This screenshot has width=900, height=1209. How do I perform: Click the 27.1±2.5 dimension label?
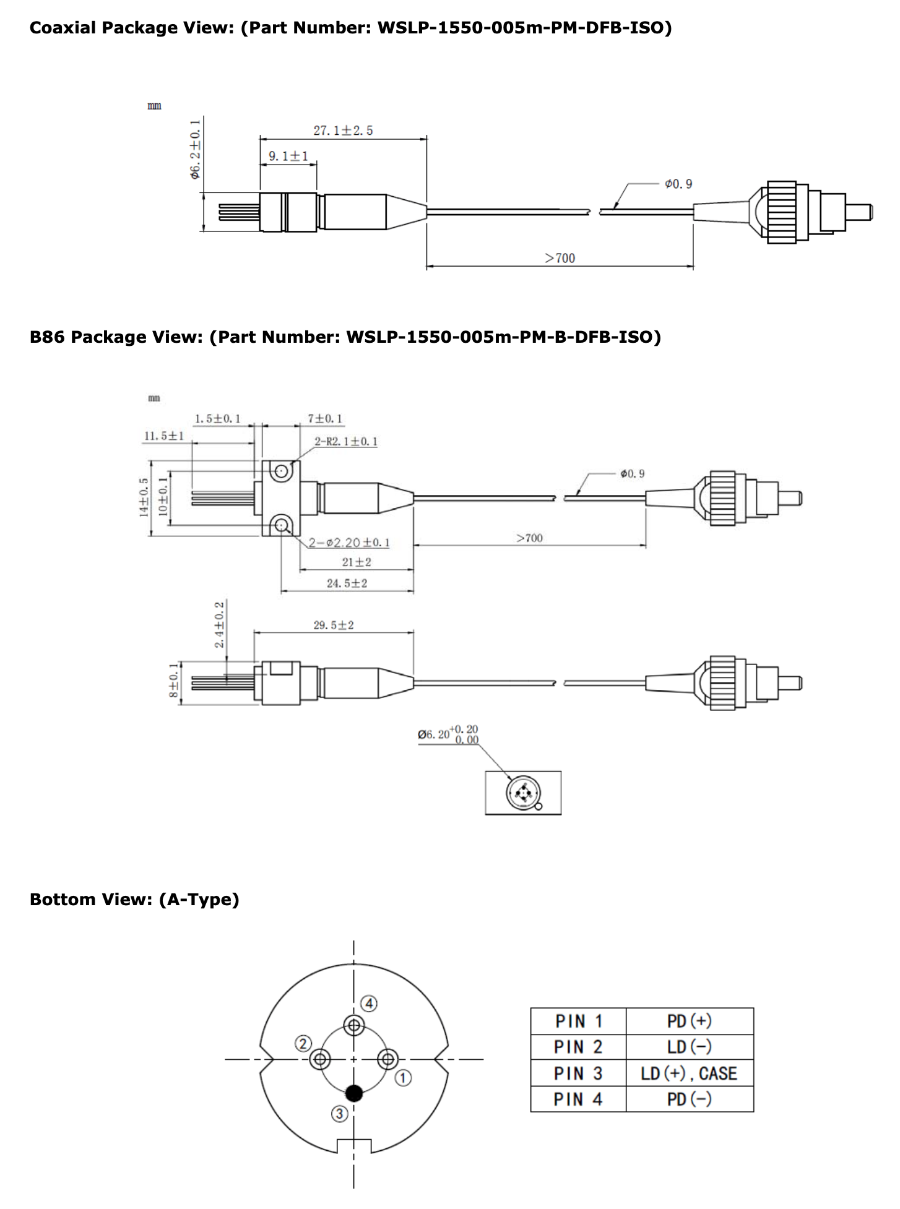343,131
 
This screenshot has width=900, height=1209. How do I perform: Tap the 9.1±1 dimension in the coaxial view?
288,157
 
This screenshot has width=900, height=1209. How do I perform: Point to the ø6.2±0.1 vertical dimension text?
196,150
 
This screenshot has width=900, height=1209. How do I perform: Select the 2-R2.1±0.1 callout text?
346,442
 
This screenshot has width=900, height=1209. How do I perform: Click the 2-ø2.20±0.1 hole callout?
350,543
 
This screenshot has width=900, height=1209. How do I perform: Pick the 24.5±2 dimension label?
347,583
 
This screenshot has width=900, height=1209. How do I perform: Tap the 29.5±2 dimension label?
334,625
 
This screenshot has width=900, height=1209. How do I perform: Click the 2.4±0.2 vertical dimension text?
220,624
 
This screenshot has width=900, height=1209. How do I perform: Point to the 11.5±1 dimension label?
164,436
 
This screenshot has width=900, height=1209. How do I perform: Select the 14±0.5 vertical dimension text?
144,497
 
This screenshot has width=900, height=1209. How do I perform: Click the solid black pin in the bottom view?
354,1093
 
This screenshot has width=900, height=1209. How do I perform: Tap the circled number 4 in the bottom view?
369,1004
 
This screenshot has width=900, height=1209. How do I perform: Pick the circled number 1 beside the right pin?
403,1078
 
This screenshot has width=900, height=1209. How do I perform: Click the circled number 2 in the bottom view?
303,1044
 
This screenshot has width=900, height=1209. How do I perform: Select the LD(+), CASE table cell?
689,1073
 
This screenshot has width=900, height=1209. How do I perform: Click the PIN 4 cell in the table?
578,1099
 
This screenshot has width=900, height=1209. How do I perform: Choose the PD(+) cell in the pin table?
689,1021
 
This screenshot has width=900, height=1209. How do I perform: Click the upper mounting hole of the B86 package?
282,472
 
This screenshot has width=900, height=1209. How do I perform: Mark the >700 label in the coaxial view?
560,258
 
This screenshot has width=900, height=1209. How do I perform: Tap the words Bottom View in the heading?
90,900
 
